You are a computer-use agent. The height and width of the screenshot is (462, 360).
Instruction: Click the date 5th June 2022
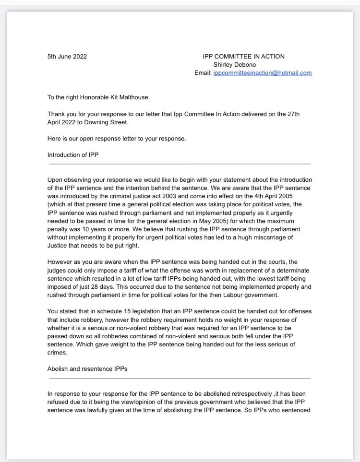point(67,57)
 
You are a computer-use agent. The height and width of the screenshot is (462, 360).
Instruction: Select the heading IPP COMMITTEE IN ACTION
point(243,57)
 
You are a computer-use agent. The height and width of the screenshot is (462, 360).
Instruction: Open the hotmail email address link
point(263,73)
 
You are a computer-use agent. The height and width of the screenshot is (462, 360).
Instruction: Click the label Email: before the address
point(203,73)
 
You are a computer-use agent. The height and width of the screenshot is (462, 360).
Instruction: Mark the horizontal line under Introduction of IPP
point(180,164)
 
